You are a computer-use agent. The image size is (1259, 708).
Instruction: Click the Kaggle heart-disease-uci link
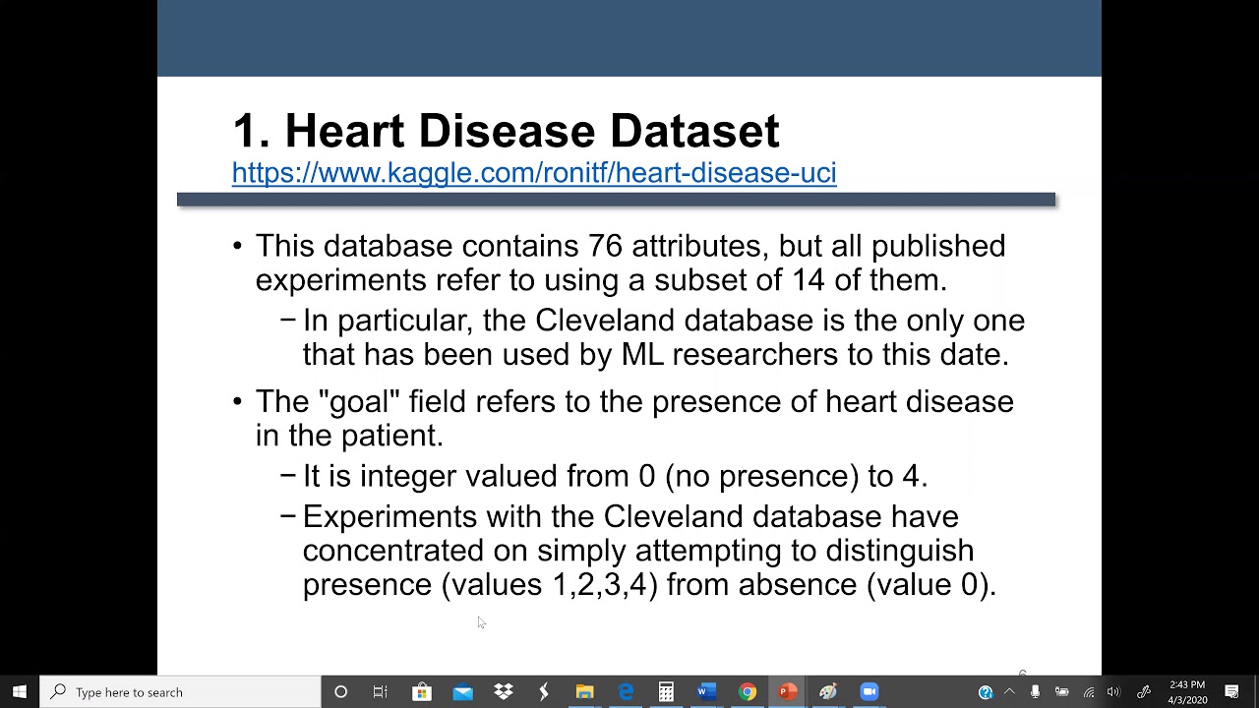pyautogui.click(x=534, y=173)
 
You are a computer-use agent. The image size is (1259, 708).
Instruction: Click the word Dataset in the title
pyautogui.click(x=693, y=131)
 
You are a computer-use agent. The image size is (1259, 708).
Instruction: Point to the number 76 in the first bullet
pyautogui.click(x=605, y=246)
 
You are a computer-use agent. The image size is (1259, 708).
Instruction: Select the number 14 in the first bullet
pyautogui.click(x=808, y=280)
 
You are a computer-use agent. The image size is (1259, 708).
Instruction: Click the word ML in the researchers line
pyautogui.click(x=641, y=355)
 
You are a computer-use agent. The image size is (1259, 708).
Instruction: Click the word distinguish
pyautogui.click(x=899, y=551)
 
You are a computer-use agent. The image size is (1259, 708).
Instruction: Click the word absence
pyautogui.click(x=798, y=585)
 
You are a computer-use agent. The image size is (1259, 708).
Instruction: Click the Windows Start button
pyautogui.click(x=20, y=692)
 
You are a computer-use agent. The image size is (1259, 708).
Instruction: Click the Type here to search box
pyautogui.click(x=182, y=692)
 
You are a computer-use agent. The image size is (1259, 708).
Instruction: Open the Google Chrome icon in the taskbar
pyautogui.click(x=748, y=692)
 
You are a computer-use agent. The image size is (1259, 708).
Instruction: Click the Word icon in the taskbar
pyautogui.click(x=706, y=692)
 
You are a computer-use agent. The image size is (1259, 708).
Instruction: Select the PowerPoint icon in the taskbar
pyautogui.click(x=787, y=692)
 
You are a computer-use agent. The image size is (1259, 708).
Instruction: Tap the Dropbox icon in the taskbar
pyautogui.click(x=503, y=692)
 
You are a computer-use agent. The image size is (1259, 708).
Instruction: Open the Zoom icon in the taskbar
pyautogui.click(x=869, y=692)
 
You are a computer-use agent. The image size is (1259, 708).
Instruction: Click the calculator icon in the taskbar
pyautogui.click(x=666, y=692)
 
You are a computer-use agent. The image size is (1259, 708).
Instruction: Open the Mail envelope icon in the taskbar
pyautogui.click(x=462, y=692)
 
